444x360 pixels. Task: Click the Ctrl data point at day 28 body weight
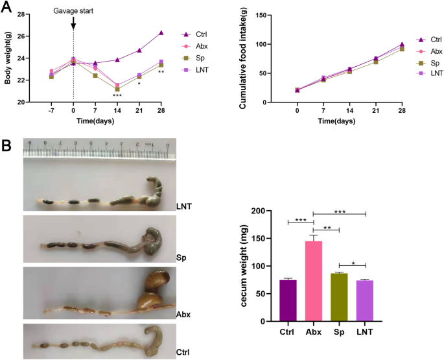click(x=161, y=32)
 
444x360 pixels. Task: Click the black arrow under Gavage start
click(x=73, y=23)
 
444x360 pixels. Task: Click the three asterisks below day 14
click(x=117, y=96)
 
